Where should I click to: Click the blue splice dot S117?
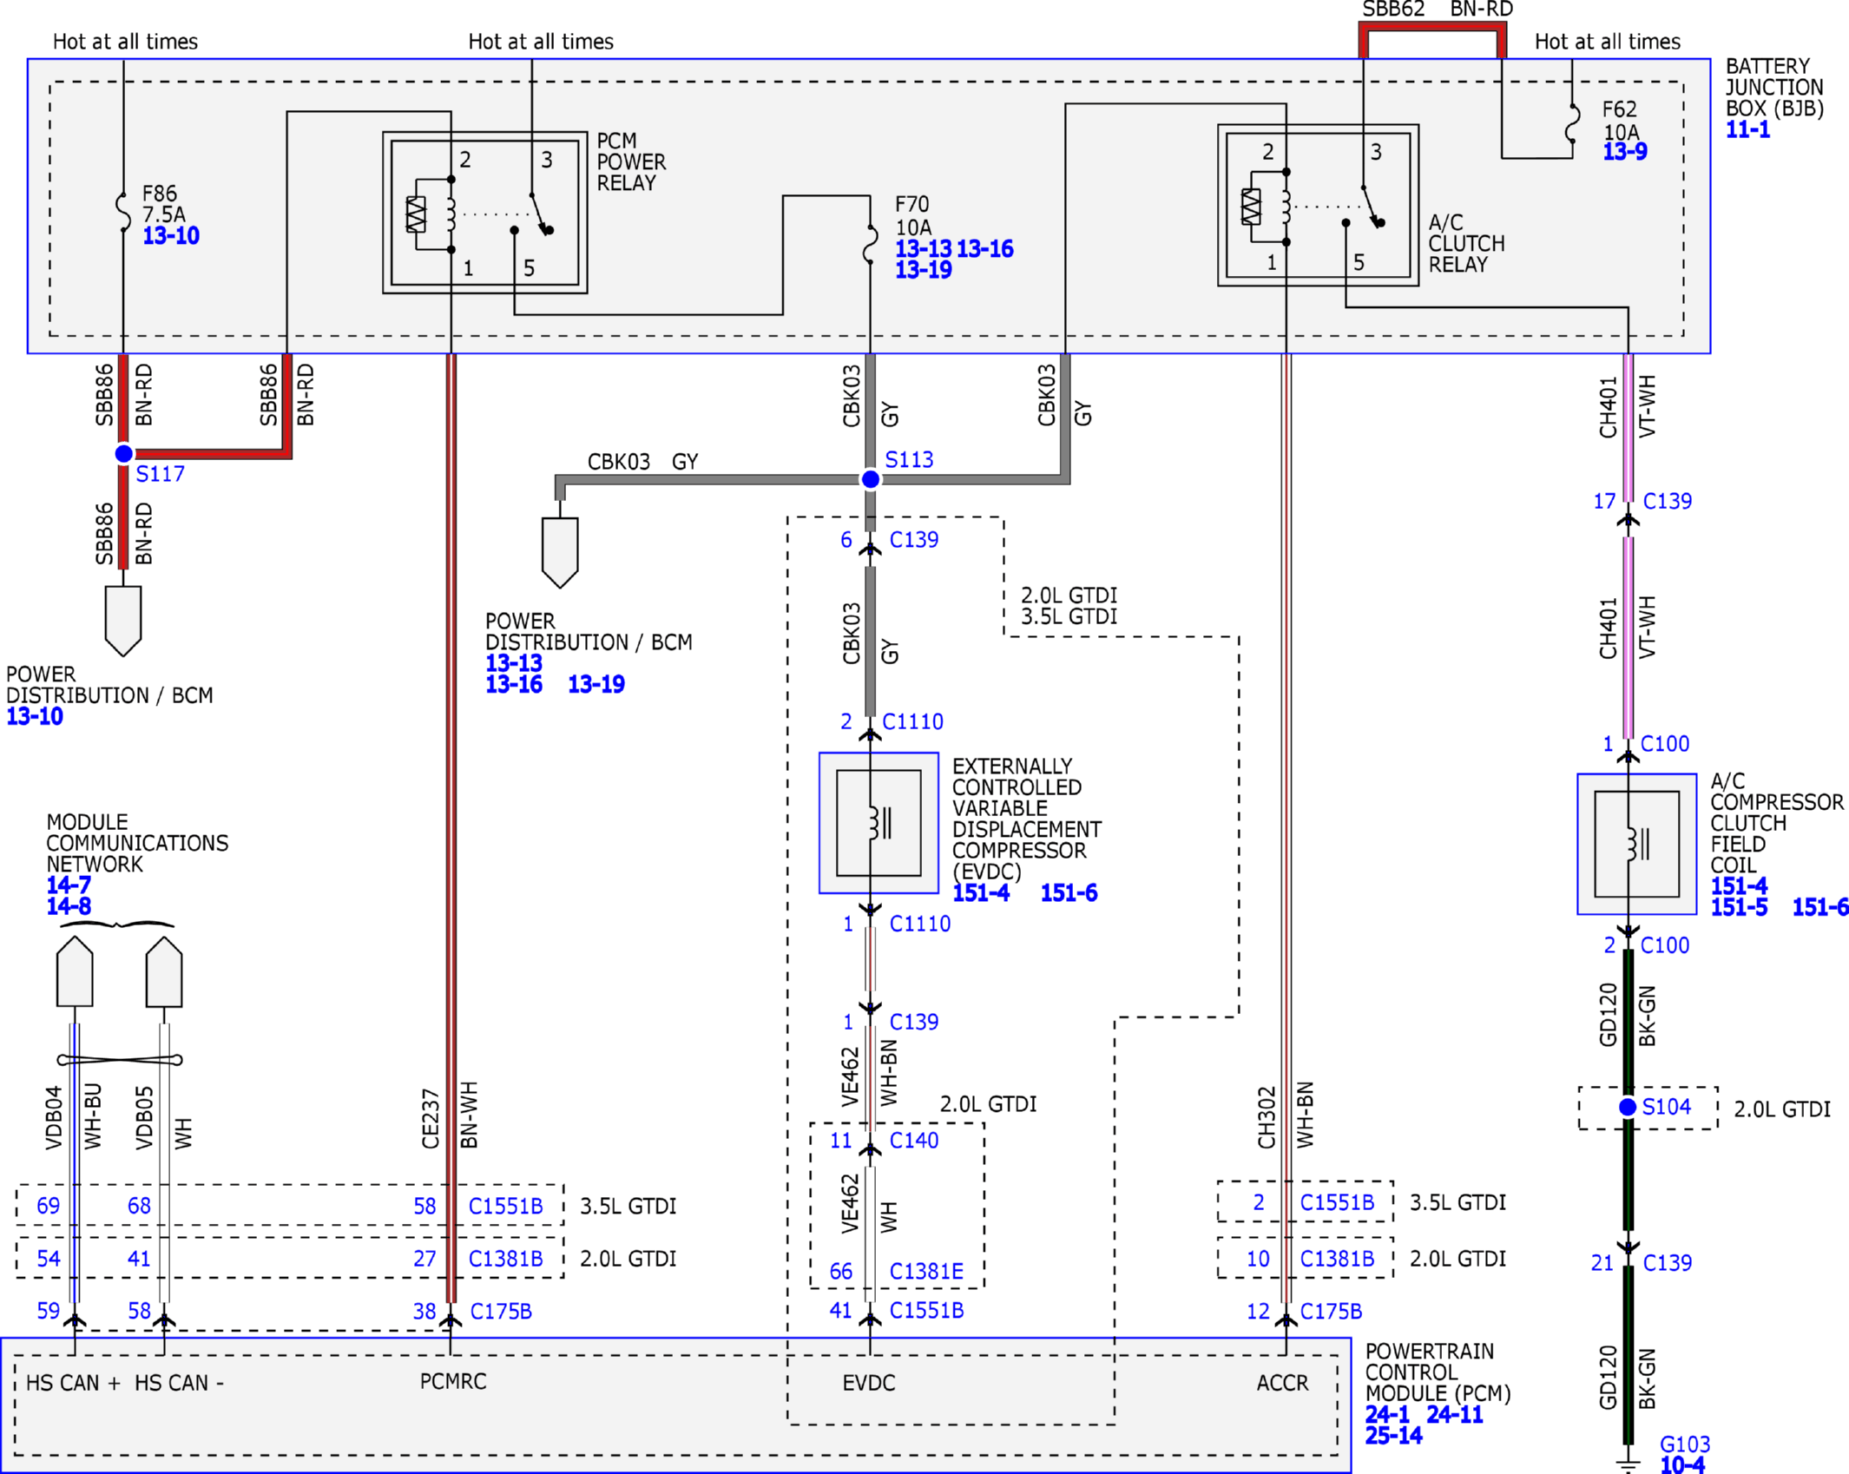(x=124, y=453)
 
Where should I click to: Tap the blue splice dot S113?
(x=870, y=479)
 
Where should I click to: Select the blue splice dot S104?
(x=1628, y=1107)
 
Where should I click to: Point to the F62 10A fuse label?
(x=1621, y=121)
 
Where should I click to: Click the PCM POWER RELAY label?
(x=631, y=162)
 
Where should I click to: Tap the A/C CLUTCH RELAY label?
(x=1466, y=244)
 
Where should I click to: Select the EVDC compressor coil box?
(x=878, y=823)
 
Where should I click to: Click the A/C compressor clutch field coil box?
(x=1636, y=844)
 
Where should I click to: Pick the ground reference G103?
(x=1684, y=1444)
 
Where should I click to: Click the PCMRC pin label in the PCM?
(x=453, y=1382)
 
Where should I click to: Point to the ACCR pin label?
(x=1282, y=1383)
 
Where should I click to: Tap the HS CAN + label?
(x=73, y=1383)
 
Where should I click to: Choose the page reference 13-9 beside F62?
(x=1624, y=152)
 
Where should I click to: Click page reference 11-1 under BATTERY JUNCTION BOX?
(x=1747, y=130)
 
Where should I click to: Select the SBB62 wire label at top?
(x=1393, y=10)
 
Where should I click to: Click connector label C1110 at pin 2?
(x=912, y=721)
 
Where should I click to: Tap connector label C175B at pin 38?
(x=501, y=1311)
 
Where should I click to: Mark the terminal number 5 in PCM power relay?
(x=529, y=268)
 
